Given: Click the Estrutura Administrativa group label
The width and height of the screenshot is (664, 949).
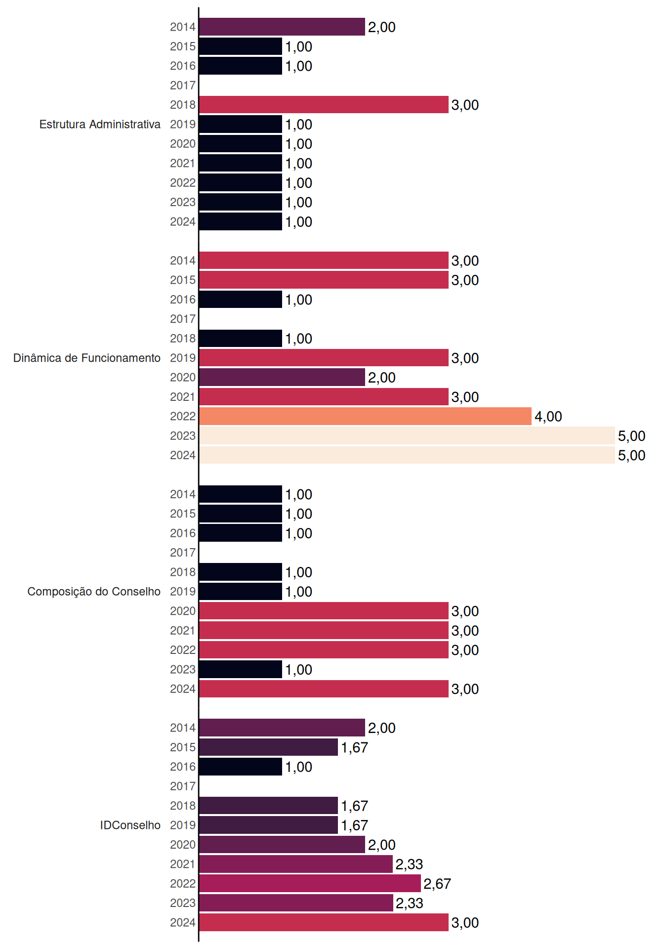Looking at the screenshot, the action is pyautogui.click(x=100, y=124).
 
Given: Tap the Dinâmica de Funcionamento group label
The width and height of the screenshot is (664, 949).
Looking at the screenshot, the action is pyautogui.click(x=87, y=358).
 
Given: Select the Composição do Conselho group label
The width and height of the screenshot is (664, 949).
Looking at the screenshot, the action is pyautogui.click(x=94, y=592).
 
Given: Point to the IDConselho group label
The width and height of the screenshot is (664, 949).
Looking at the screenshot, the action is pyautogui.click(x=130, y=825).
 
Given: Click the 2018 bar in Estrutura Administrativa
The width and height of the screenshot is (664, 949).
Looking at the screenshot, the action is pyautogui.click(x=324, y=105).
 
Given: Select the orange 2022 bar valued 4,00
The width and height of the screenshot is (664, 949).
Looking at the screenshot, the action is pyautogui.click(x=365, y=416).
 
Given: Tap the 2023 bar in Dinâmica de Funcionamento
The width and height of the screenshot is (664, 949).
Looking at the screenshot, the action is pyautogui.click(x=407, y=435).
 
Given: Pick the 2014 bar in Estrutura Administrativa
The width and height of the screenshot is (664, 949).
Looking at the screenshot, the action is pyautogui.click(x=282, y=27).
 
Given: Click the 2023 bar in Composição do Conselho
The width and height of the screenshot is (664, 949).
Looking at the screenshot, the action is pyautogui.click(x=241, y=669).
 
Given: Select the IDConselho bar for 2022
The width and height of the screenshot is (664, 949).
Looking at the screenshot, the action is pyautogui.click(x=310, y=883).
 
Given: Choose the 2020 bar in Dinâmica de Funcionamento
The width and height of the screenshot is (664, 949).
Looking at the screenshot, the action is pyautogui.click(x=282, y=377).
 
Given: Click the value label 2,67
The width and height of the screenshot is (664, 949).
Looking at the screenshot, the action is pyautogui.click(x=437, y=884).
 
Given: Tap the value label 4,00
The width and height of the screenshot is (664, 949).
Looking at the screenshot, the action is pyautogui.click(x=548, y=417).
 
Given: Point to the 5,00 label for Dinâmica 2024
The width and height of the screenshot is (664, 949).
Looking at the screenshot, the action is pyautogui.click(x=631, y=455).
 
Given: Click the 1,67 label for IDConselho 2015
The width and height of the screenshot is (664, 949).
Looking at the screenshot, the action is pyautogui.click(x=354, y=747).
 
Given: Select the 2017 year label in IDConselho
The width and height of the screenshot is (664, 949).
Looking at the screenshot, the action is pyautogui.click(x=183, y=786).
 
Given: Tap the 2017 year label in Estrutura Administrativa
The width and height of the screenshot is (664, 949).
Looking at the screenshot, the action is pyautogui.click(x=183, y=85).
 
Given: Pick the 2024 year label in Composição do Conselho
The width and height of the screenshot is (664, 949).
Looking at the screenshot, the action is pyautogui.click(x=183, y=689).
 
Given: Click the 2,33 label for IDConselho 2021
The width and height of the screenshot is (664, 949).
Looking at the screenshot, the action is pyautogui.click(x=409, y=864).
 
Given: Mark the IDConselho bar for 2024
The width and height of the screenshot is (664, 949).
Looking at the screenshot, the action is pyautogui.click(x=324, y=922).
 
